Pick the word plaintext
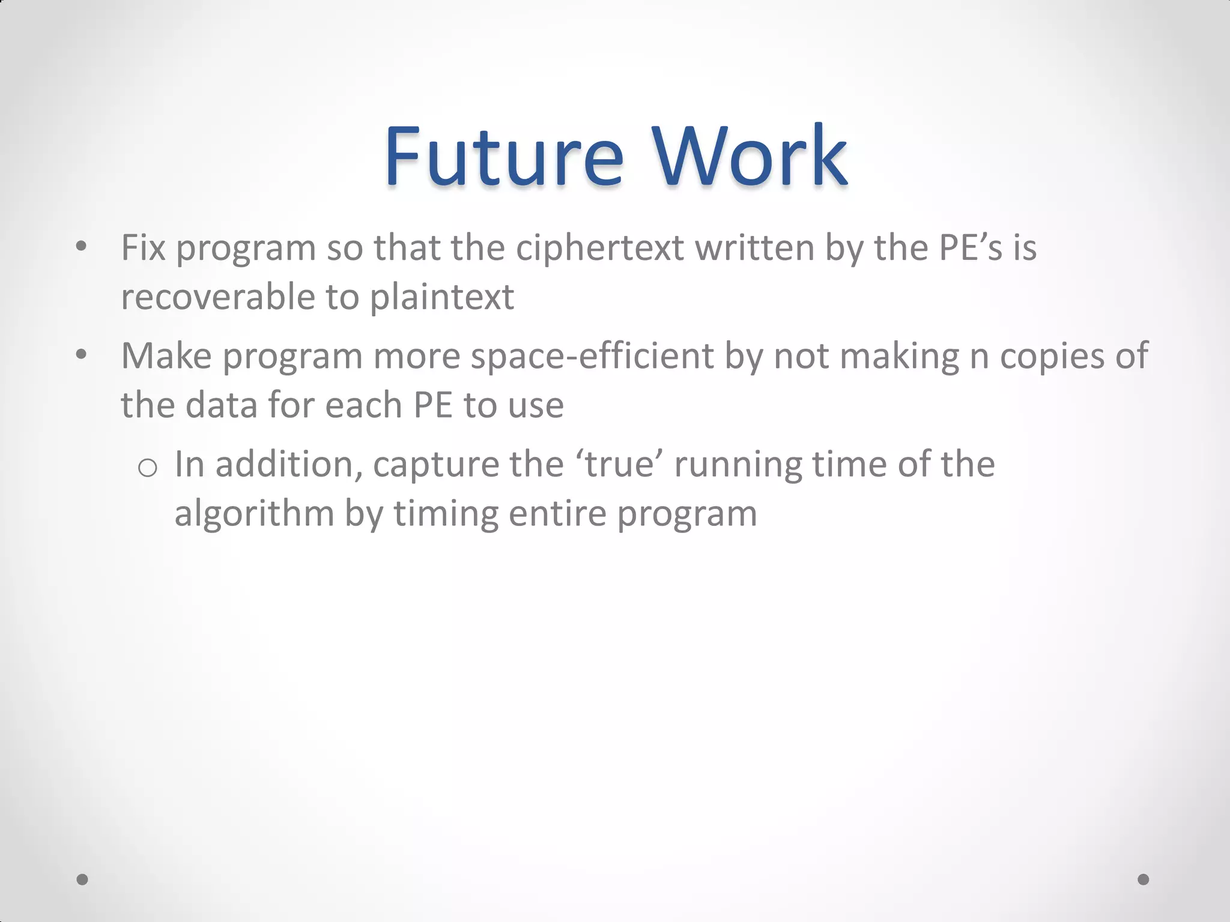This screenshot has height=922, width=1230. point(441,298)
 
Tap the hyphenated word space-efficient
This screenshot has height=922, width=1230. point(592,356)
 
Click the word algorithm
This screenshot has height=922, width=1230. point(254,514)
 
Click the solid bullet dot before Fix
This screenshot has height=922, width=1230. point(82,247)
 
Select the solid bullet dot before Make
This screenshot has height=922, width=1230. point(82,355)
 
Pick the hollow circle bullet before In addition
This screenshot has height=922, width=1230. point(147,466)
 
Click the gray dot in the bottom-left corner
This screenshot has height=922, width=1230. point(83,879)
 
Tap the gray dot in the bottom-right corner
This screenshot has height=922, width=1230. point(1144,879)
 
